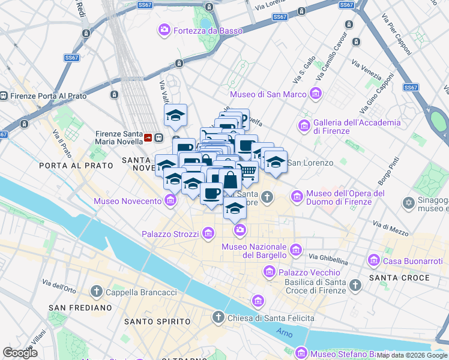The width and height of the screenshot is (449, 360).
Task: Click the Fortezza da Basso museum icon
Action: pos(164,30)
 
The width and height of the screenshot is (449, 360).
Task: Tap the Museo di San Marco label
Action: pos(268,94)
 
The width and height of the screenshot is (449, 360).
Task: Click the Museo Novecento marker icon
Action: pos(170,200)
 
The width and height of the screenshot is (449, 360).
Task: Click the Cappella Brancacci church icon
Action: pos(96,292)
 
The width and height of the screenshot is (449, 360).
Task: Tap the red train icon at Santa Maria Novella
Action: pos(148,138)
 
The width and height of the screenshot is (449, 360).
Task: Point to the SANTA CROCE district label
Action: pos(399,278)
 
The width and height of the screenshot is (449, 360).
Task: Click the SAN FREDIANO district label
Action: pos(80,307)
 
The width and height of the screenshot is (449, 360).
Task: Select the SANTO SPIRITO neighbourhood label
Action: pos(157,322)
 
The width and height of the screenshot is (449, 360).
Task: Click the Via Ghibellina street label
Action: pos(328,259)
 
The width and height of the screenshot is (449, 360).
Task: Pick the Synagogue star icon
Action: pos(409,203)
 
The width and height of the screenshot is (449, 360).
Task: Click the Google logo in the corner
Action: pos(20,353)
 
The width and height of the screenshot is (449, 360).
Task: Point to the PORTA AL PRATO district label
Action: pos(76,165)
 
